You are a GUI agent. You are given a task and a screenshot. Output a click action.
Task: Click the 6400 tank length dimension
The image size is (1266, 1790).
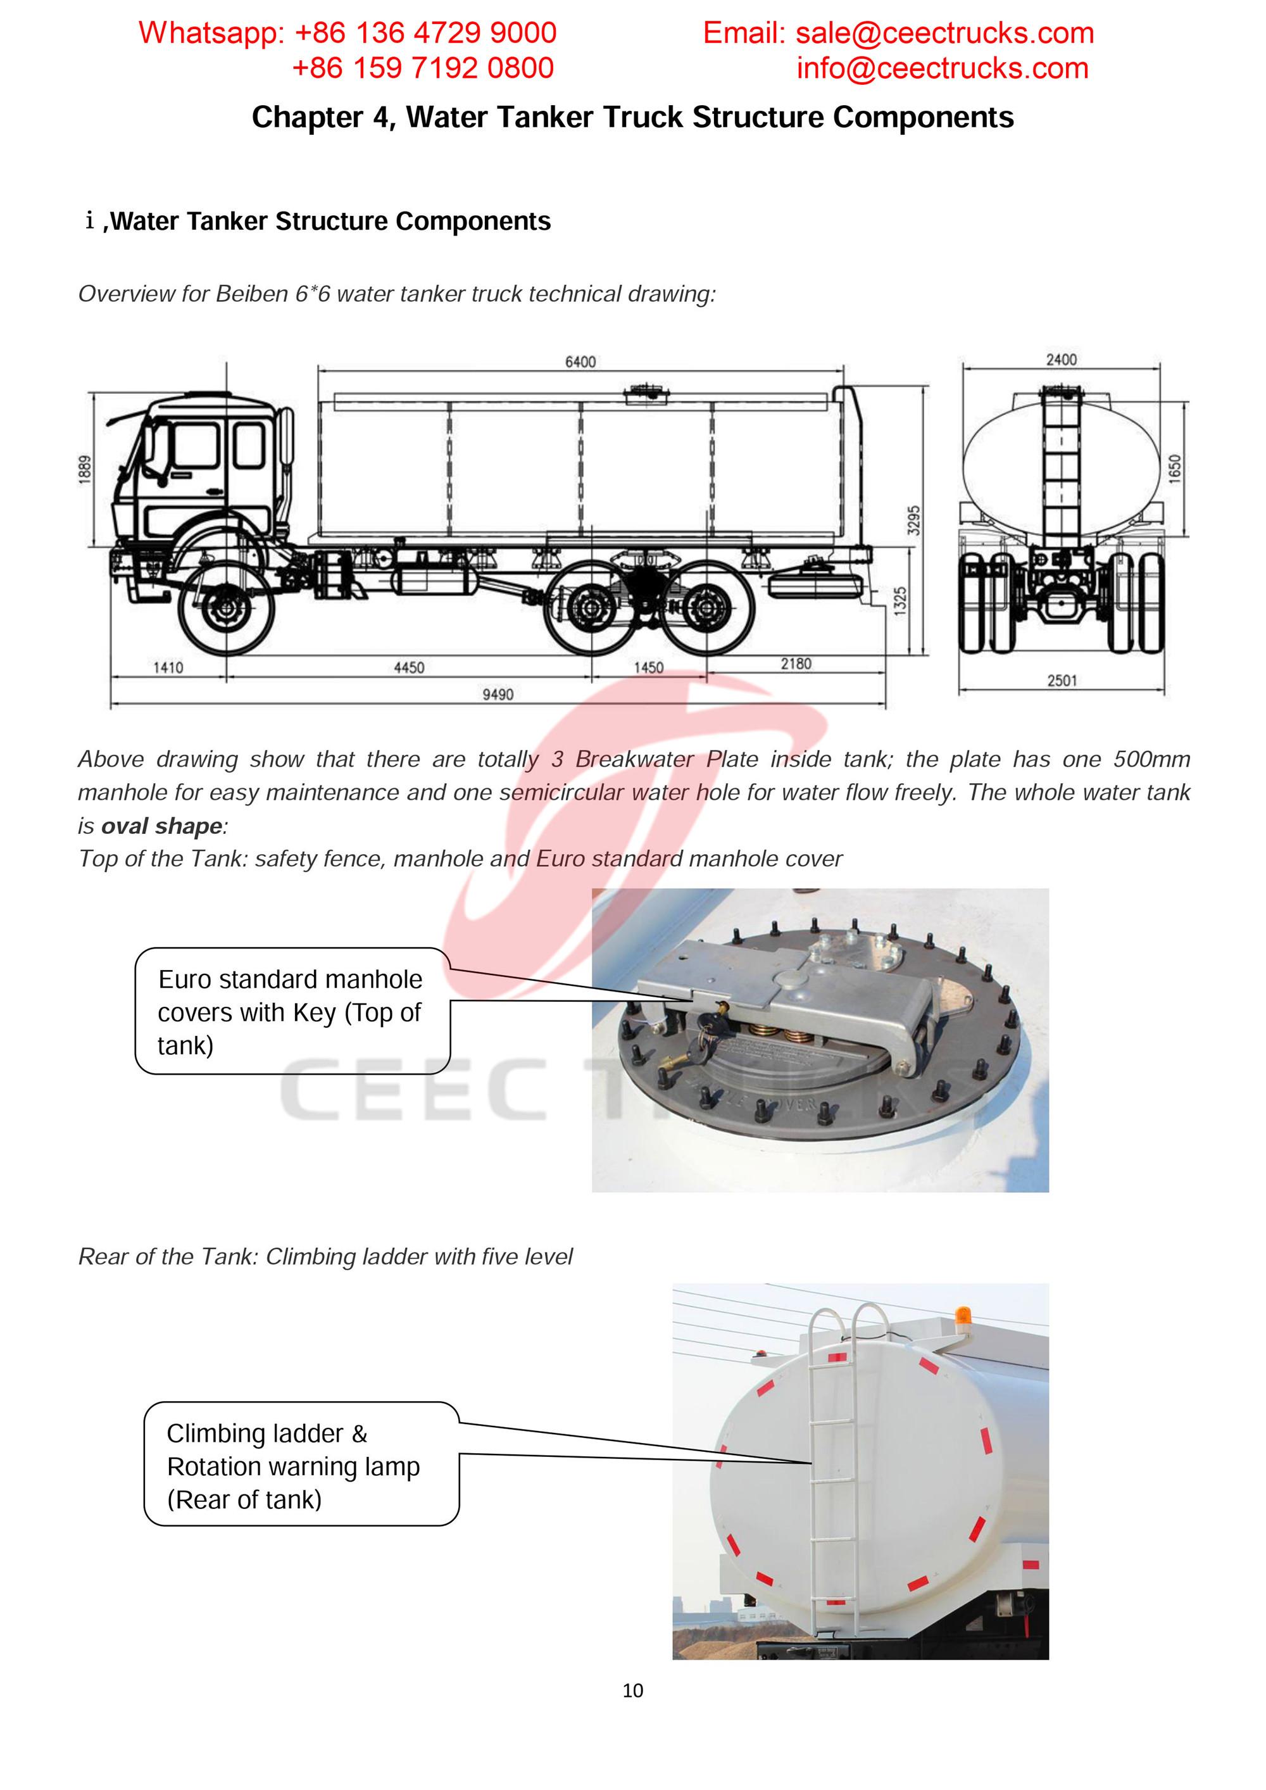[580, 362]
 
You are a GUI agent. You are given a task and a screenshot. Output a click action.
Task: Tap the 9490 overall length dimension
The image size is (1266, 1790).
[498, 694]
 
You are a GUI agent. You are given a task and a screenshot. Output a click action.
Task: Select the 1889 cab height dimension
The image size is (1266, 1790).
[85, 469]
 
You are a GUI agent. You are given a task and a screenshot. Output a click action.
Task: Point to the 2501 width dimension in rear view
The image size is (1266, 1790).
[1062, 681]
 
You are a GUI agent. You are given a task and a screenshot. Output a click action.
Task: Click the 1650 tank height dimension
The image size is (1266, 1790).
[1175, 468]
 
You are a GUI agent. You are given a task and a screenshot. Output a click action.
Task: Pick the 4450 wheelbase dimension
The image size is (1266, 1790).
[408, 667]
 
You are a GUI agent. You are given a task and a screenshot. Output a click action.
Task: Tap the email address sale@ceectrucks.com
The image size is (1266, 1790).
[944, 33]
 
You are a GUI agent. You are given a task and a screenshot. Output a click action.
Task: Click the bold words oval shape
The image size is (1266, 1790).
[162, 826]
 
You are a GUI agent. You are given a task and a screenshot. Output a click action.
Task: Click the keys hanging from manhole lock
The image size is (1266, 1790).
[711, 1028]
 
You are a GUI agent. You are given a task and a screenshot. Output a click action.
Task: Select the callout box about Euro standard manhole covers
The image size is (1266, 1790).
[292, 1011]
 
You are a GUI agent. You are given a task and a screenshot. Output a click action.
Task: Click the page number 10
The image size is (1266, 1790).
[632, 1690]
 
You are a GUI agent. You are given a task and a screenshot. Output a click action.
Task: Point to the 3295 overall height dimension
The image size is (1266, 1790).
[915, 520]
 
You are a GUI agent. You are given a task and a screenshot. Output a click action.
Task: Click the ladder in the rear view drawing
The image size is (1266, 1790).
[1060, 468]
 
